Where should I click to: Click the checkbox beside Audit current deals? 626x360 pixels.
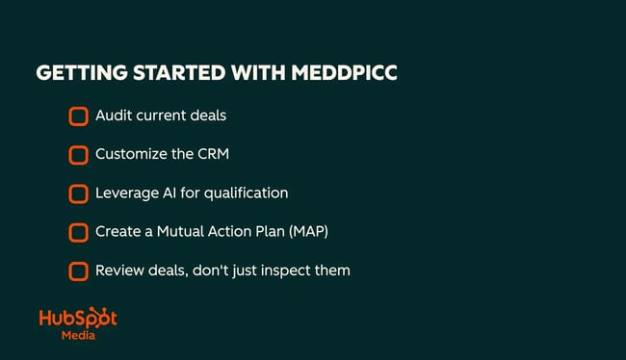[78, 116]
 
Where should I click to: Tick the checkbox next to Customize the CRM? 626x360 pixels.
[78, 155]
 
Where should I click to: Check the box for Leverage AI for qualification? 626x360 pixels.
[78, 193]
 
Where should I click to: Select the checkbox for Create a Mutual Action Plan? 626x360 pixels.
[78, 232]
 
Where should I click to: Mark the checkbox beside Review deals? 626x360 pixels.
[78, 270]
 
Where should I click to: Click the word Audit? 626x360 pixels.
[113, 116]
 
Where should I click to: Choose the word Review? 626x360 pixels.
[119, 270]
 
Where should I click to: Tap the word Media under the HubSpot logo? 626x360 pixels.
[78, 337]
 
